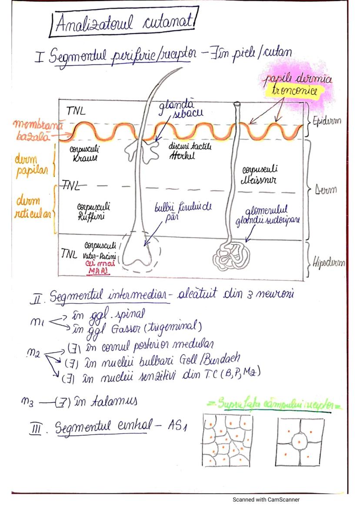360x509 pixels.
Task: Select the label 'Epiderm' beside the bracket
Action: click(327, 121)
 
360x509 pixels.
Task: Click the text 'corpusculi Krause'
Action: click(86, 153)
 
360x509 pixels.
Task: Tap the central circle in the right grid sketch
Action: click(300, 439)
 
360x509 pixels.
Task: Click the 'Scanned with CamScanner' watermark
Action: click(266, 499)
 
